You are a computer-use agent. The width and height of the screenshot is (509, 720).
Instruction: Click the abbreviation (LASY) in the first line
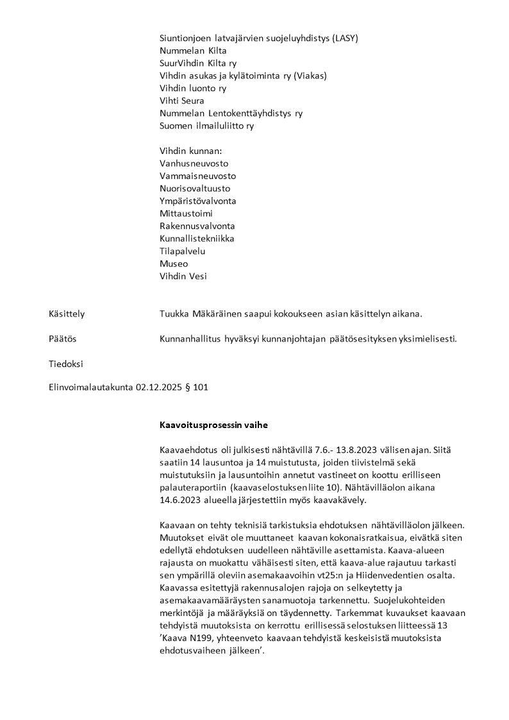[345, 38]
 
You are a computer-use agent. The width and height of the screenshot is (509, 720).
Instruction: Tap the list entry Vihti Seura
[182, 101]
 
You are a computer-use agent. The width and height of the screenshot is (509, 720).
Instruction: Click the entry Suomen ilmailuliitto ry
[206, 126]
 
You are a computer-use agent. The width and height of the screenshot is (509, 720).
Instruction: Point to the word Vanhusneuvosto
[194, 164]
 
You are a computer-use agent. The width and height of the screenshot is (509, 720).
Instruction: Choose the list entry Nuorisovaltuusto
[195, 189]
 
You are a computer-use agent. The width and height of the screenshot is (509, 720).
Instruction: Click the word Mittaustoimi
[186, 214]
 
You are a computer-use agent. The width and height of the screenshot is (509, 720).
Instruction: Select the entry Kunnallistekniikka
[197, 239]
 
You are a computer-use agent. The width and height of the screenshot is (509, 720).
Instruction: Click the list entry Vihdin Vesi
[183, 276]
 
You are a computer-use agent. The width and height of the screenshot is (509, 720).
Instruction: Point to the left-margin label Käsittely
[67, 314]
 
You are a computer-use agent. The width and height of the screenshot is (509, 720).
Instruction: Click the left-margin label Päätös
[62, 339]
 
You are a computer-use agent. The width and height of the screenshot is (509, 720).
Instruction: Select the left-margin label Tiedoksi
[65, 364]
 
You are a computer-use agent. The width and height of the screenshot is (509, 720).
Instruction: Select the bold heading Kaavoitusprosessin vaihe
[214, 425]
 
